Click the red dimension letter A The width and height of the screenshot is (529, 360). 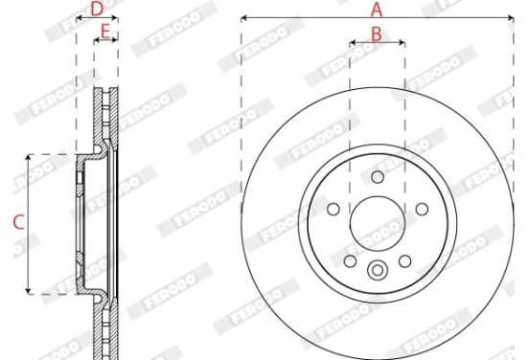377,10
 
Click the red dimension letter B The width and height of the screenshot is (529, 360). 377,34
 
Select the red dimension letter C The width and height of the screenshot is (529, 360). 18,222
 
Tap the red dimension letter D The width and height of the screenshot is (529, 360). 97,9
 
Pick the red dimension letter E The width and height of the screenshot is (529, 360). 105,32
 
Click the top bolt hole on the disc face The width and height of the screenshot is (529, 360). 378,176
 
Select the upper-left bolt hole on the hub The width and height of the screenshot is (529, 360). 333,209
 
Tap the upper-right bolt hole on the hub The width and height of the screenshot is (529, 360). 422,209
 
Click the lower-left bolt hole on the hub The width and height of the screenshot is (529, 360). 350,260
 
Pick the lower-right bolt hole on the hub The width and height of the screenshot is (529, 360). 404,260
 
